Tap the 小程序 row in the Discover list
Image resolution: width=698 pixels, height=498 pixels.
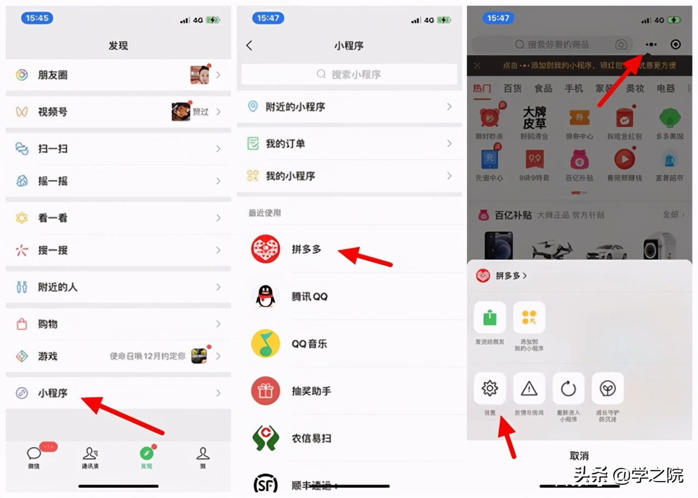tap(117, 393)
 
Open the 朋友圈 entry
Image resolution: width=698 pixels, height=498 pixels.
tap(117, 75)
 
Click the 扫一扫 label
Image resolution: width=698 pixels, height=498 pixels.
tap(52, 148)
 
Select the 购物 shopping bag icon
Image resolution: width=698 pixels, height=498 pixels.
tap(22, 324)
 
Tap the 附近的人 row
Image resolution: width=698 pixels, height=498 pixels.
tap(117, 287)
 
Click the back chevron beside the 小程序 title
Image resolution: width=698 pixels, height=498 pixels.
tap(249, 46)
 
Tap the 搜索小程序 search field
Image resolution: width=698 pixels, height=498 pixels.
tap(349, 75)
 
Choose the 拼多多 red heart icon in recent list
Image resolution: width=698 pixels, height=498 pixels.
tap(266, 250)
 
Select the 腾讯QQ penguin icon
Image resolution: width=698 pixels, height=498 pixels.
tap(266, 297)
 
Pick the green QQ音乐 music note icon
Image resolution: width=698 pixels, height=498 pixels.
tap(266, 344)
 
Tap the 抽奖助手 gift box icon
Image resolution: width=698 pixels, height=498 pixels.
tap(266, 391)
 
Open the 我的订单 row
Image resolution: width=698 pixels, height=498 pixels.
tap(349, 144)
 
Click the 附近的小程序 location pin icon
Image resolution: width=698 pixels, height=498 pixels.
tap(253, 107)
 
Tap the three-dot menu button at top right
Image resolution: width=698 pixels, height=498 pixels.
tap(651, 45)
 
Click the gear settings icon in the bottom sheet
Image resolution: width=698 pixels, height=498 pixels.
tap(490, 388)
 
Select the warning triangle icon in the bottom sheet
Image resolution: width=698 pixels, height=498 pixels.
tap(529, 388)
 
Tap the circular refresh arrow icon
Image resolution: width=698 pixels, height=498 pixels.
tap(568, 388)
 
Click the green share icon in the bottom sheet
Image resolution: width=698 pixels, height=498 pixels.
tap(490, 318)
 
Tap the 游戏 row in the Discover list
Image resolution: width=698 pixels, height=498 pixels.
tap(117, 356)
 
